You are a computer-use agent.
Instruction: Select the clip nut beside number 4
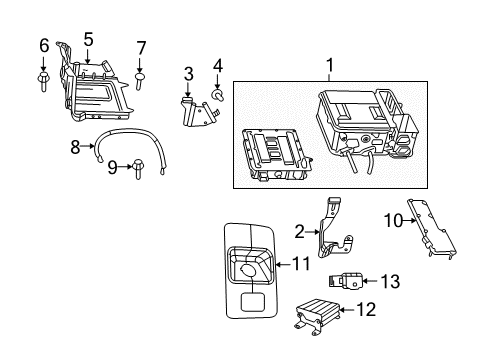[217, 96]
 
